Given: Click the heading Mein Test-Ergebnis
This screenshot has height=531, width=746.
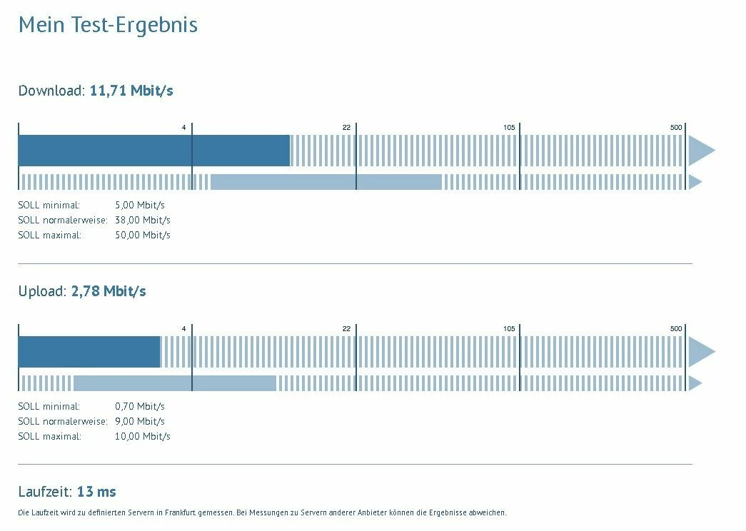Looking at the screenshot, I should tap(108, 25).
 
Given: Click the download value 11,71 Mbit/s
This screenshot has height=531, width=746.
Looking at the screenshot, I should tap(131, 91).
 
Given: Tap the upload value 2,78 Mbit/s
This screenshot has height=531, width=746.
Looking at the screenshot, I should tap(109, 291).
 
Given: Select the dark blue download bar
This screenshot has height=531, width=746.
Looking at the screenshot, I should tap(153, 150).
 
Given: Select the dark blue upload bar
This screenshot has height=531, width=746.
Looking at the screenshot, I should tap(89, 351).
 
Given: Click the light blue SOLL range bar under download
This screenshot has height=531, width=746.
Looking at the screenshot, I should tap(326, 182).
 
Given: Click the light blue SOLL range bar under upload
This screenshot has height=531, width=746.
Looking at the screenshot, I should tap(174, 383).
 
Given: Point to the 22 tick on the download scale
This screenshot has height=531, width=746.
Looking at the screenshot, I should tap(347, 127).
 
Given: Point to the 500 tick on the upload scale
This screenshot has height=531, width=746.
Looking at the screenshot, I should tap(676, 328).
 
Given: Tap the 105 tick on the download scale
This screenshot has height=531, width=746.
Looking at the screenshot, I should tap(509, 127).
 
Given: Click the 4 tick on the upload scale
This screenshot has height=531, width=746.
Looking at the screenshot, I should tap(183, 328).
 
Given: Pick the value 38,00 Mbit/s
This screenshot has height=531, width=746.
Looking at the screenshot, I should tap(143, 220).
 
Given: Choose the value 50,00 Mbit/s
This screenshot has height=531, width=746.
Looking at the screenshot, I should tap(143, 235).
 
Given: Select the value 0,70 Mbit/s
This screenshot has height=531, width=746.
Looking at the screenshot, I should tap(140, 406).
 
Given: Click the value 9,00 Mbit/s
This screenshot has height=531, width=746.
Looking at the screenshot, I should tap(140, 421).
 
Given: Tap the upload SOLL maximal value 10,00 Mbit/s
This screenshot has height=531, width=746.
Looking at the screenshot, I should tap(143, 436).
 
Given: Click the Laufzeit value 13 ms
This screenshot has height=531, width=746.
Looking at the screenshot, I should tap(96, 492).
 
